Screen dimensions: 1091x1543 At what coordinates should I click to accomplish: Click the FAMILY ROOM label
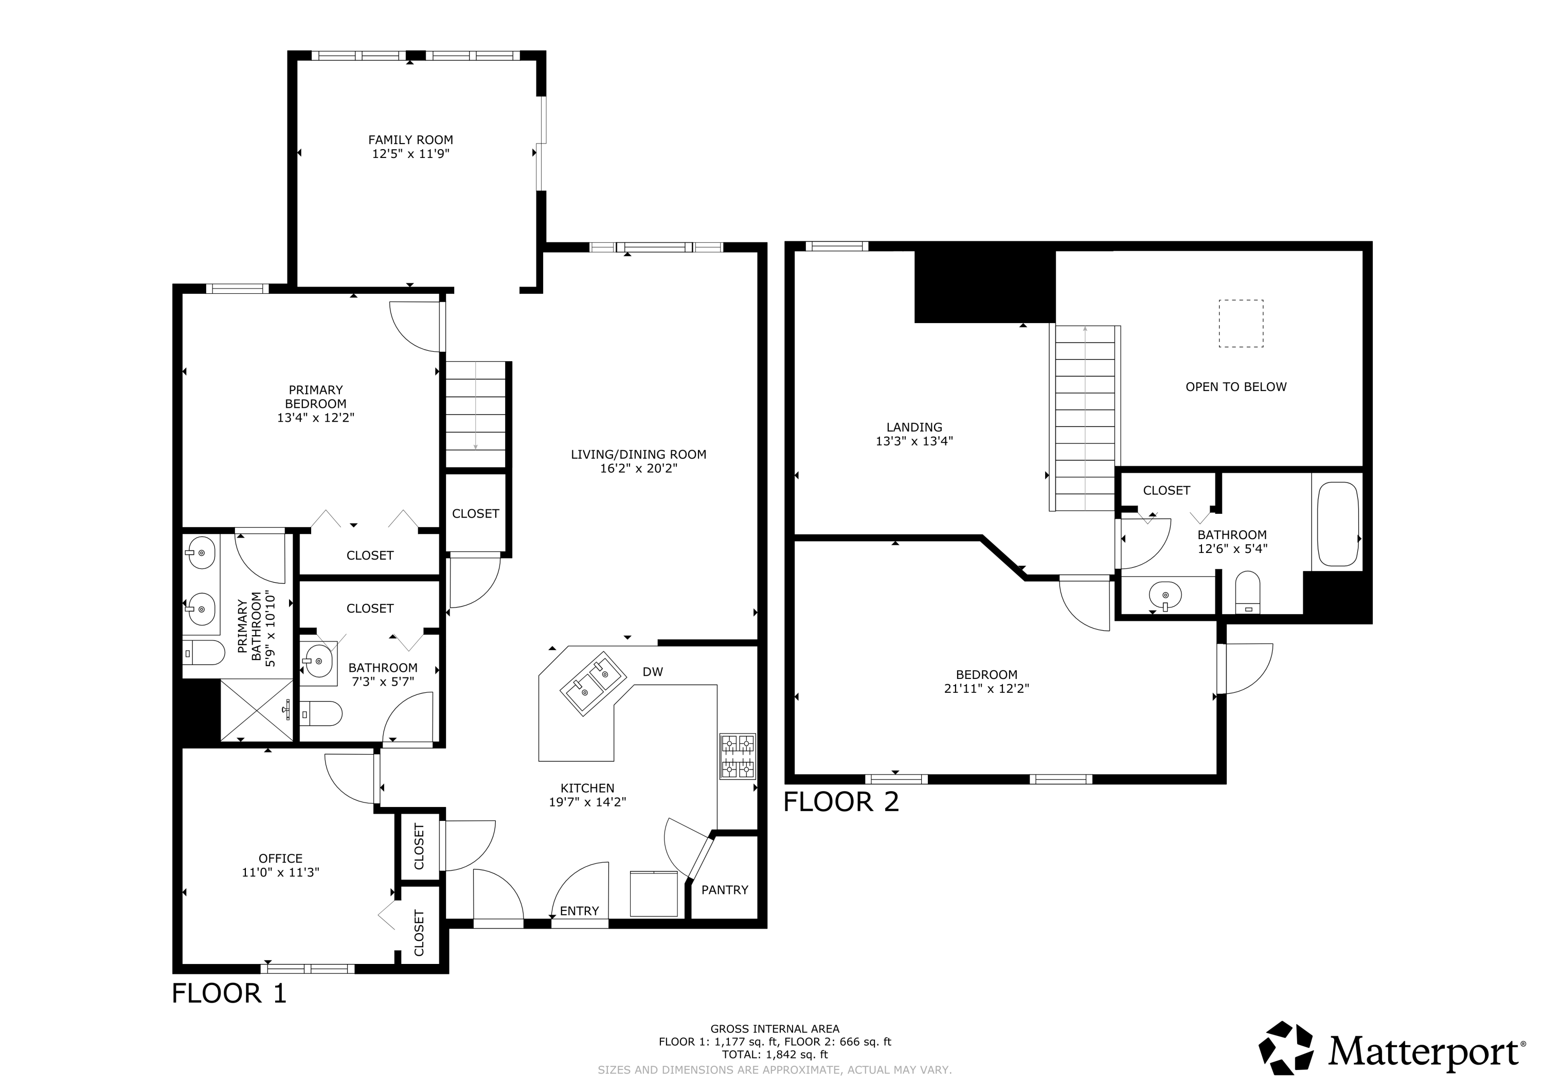pyautogui.click(x=410, y=140)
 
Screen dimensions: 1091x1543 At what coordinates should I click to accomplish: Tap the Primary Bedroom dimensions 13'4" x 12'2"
pyautogui.click(x=315, y=418)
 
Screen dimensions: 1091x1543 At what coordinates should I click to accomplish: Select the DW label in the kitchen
pyautogui.click(x=653, y=672)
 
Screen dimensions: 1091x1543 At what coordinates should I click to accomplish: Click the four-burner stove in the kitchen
pyautogui.click(x=738, y=756)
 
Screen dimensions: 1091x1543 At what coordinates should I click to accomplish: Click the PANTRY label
pyautogui.click(x=725, y=890)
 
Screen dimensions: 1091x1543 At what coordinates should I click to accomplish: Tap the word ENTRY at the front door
pyautogui.click(x=579, y=911)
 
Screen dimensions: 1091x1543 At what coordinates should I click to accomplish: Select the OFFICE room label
pyautogui.click(x=280, y=859)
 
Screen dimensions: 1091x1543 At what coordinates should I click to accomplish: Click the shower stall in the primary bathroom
pyautogui.click(x=257, y=710)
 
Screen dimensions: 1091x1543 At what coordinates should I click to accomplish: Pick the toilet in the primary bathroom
pyautogui.click(x=204, y=652)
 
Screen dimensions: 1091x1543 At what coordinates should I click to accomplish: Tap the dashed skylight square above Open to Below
pyautogui.click(x=1241, y=324)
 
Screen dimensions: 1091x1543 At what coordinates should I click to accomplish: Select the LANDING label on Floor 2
pyautogui.click(x=914, y=427)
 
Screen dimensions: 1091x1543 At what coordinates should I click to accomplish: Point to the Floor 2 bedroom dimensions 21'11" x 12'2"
pyautogui.click(x=986, y=688)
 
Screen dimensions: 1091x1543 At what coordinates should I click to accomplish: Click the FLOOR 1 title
pyautogui.click(x=229, y=994)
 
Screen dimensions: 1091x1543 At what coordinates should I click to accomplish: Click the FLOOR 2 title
pyautogui.click(x=841, y=802)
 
